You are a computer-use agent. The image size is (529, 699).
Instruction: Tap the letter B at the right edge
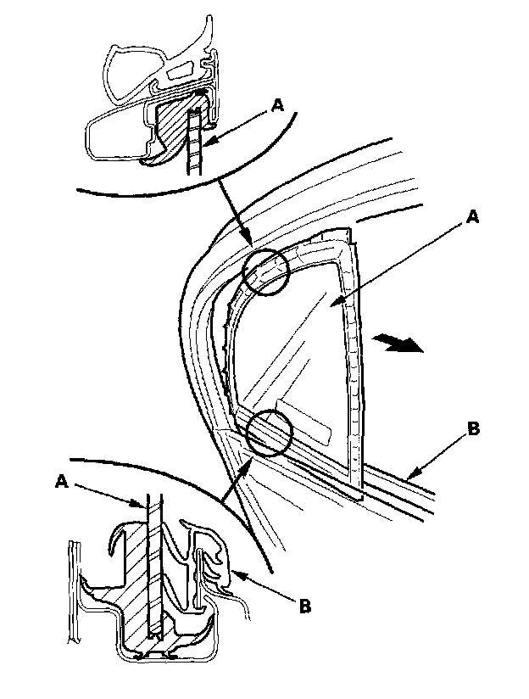coord(473,429)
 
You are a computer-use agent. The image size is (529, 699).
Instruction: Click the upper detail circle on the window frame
coord(266,272)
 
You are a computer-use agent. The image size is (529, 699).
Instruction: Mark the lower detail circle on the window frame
coord(269,432)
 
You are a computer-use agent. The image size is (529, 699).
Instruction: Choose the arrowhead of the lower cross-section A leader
coord(144,507)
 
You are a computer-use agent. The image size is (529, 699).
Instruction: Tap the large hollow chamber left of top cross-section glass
coord(119,132)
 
